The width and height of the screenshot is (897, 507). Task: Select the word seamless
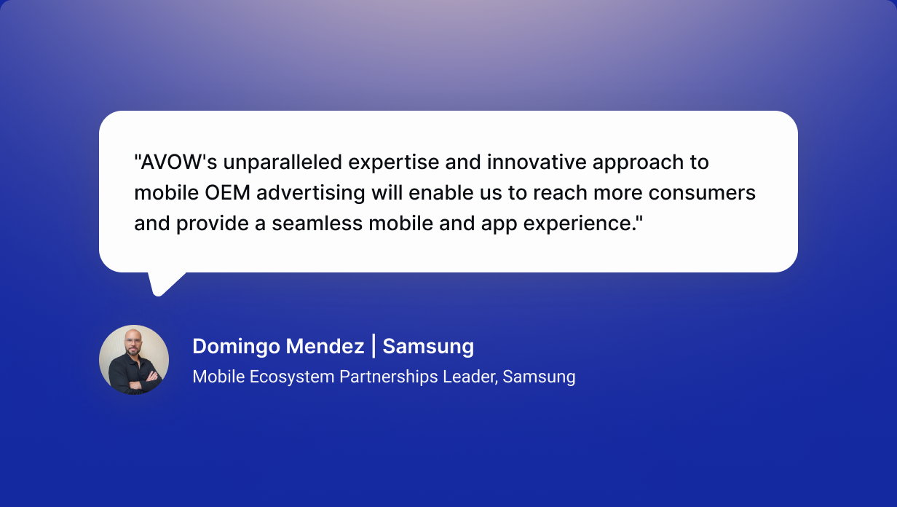point(317,224)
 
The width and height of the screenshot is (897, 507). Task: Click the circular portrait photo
point(134,360)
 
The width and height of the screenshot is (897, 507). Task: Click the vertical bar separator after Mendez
point(374,347)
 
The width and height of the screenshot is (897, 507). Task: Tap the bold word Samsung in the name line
point(428,347)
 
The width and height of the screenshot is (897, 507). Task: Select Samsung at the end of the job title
point(539,377)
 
